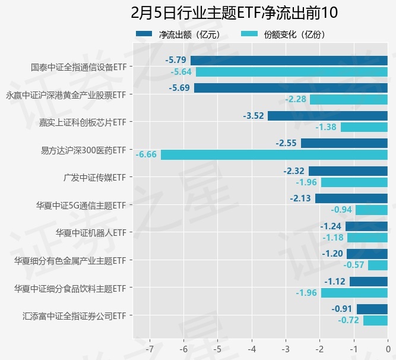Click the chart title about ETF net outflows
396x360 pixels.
pos(234,12)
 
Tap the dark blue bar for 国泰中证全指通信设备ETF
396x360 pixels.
pos(289,60)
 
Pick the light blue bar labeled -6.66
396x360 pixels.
pos(274,154)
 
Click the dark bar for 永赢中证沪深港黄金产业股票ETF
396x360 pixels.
pos(290,88)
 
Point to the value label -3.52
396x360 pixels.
pos(254,116)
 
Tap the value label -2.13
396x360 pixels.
pos(300,198)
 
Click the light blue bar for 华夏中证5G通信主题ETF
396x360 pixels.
pos(371,210)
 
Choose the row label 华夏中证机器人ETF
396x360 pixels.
pos(90,232)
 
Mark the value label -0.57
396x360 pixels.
pos(354,265)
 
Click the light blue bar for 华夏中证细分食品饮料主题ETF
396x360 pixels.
pos(354,293)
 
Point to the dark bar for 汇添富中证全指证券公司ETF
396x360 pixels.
pos(372,309)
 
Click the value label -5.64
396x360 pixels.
pos(181,72)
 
